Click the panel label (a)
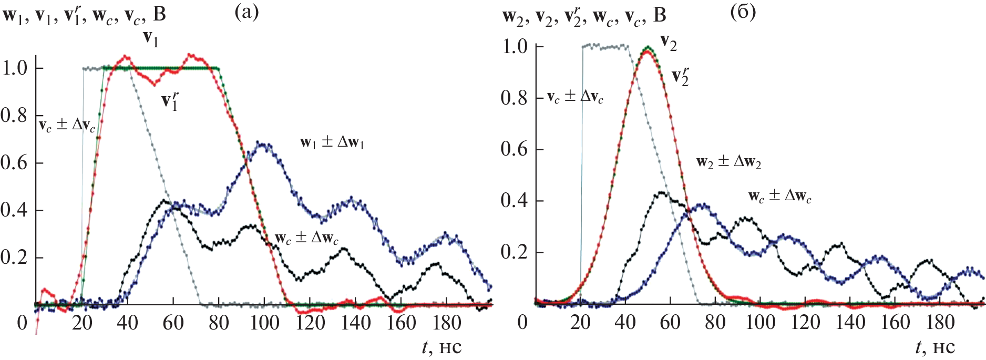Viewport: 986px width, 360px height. click(246, 12)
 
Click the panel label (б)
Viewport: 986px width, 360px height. click(743, 12)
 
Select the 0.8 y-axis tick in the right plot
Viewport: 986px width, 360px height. click(514, 98)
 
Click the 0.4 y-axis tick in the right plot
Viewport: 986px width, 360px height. click(514, 201)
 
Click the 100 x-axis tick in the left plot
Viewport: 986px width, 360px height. click(264, 322)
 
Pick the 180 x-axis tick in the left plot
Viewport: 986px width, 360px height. click(447, 322)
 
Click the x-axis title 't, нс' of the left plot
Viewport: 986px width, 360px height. click(441, 347)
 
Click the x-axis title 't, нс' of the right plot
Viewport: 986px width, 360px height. click(935, 347)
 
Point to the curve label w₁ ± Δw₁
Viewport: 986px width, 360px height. click(332, 143)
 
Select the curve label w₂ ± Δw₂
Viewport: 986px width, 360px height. click(728, 162)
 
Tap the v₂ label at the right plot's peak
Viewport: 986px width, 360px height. click(669, 43)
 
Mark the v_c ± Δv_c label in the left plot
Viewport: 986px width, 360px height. click(67, 126)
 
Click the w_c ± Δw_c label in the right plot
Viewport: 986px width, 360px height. click(780, 197)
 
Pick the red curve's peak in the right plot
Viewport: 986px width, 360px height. click(647, 52)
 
